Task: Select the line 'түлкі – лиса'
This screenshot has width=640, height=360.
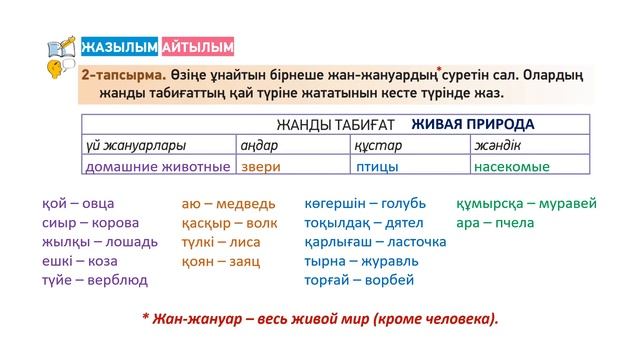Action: click(221, 242)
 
